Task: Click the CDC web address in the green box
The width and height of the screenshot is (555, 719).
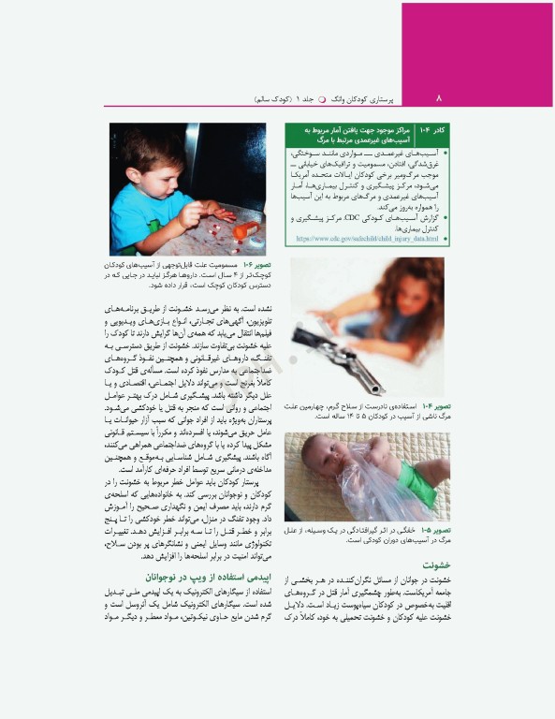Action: (366, 239)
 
